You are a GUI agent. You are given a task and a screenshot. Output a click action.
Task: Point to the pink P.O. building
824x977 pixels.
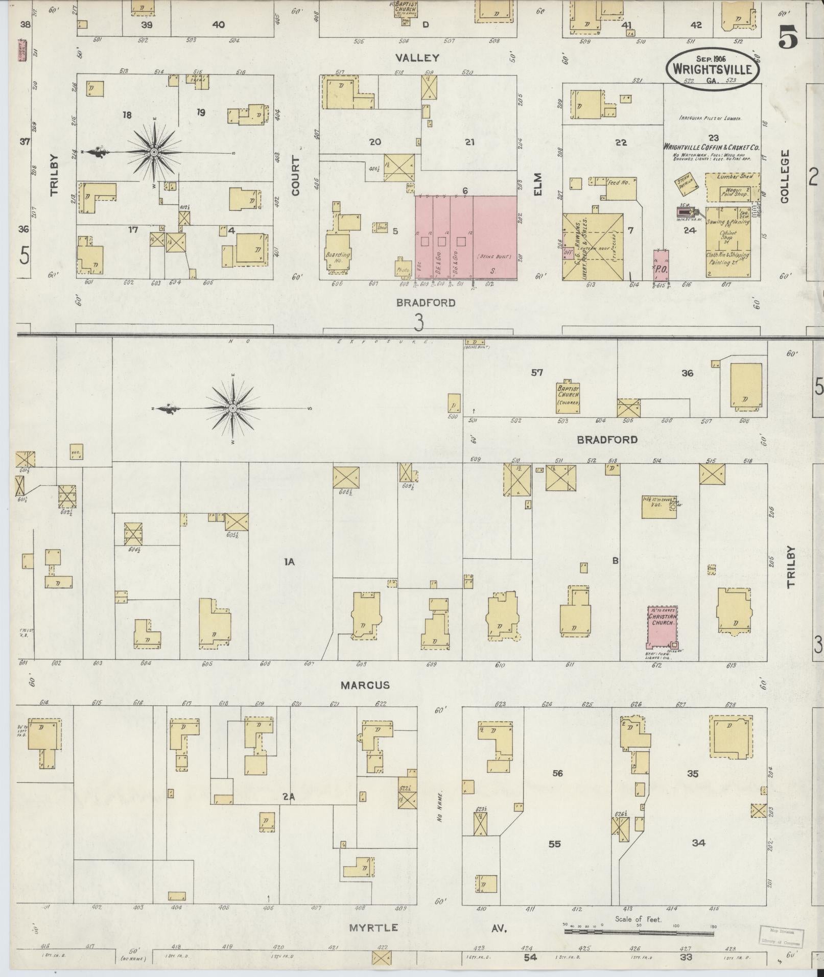[662, 265]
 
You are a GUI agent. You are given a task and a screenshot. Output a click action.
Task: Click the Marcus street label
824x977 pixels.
[365, 685]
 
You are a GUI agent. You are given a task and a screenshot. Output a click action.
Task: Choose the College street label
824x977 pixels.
[785, 176]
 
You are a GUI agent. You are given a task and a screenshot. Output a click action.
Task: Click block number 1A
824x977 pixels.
[290, 562]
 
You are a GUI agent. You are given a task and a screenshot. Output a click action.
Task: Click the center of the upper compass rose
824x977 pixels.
[154, 152]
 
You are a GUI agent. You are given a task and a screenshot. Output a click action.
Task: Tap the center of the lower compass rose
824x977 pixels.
[232, 408]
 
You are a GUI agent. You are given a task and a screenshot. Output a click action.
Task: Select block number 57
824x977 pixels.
[536, 373]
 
